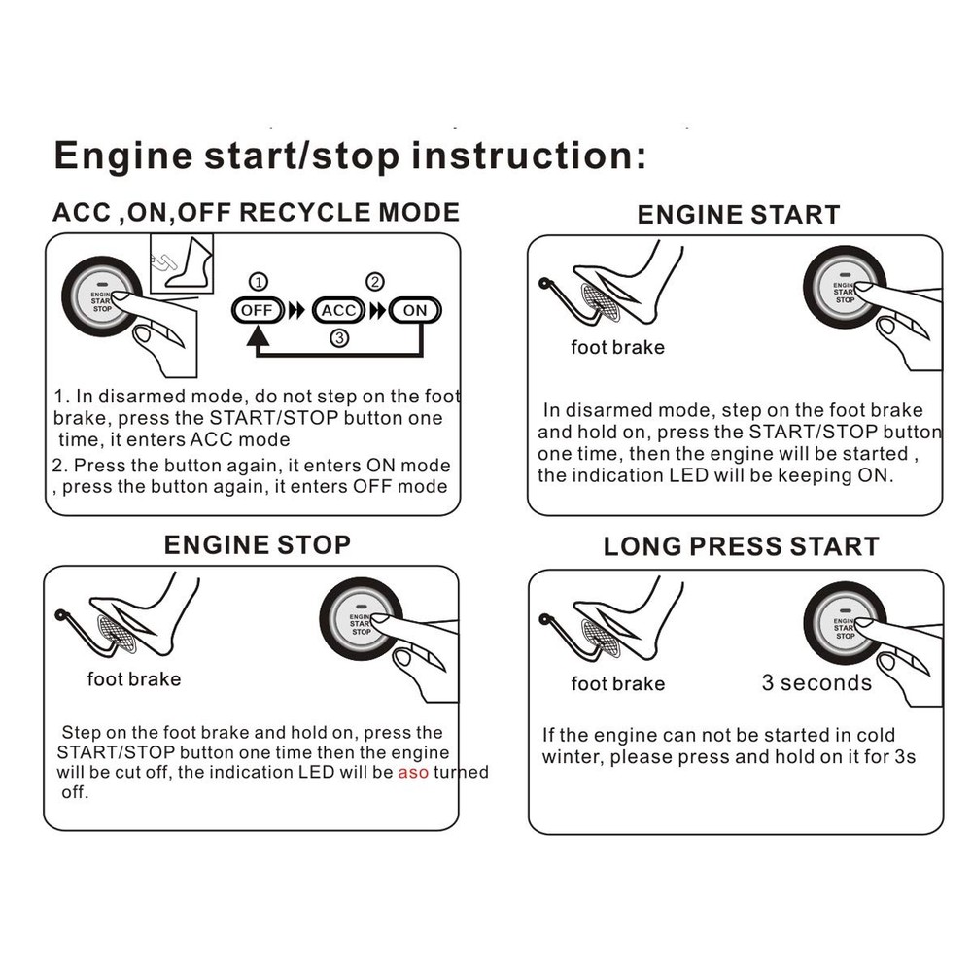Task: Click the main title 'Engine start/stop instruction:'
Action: (349, 156)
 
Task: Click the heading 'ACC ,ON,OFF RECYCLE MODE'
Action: (256, 212)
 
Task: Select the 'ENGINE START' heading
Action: (738, 215)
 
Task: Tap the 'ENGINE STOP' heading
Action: (258, 544)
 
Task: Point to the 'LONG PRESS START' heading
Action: (741, 546)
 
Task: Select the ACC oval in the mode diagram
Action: (338, 311)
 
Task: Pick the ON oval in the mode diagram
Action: (415, 311)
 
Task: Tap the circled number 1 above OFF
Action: (258, 283)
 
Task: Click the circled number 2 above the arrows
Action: (374, 283)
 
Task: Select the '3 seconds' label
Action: (816, 683)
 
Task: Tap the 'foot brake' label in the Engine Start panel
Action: (617, 347)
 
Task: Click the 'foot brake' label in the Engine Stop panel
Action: (134, 678)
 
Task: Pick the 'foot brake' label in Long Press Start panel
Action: (617, 684)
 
